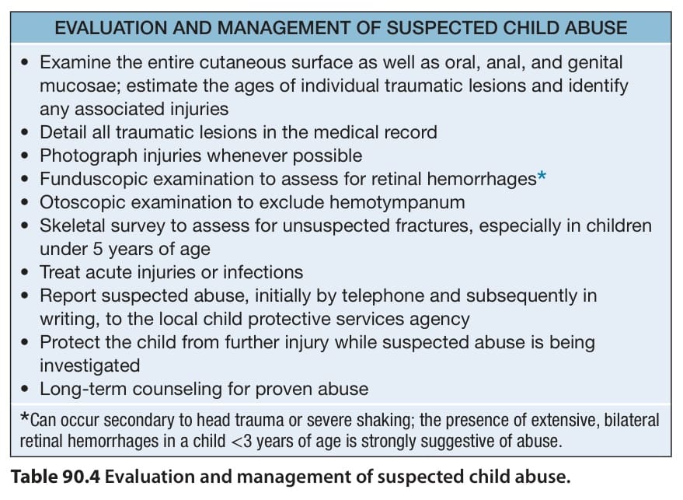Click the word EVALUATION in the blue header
tap(110, 28)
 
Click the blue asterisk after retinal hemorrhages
tap(542, 177)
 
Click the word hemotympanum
tap(397, 203)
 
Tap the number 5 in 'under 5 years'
tap(98, 250)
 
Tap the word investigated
tap(89, 365)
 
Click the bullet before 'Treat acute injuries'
tap(25, 272)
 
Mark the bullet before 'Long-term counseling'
tap(25, 389)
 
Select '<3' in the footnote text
tap(242, 441)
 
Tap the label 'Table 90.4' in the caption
tap(55, 477)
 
